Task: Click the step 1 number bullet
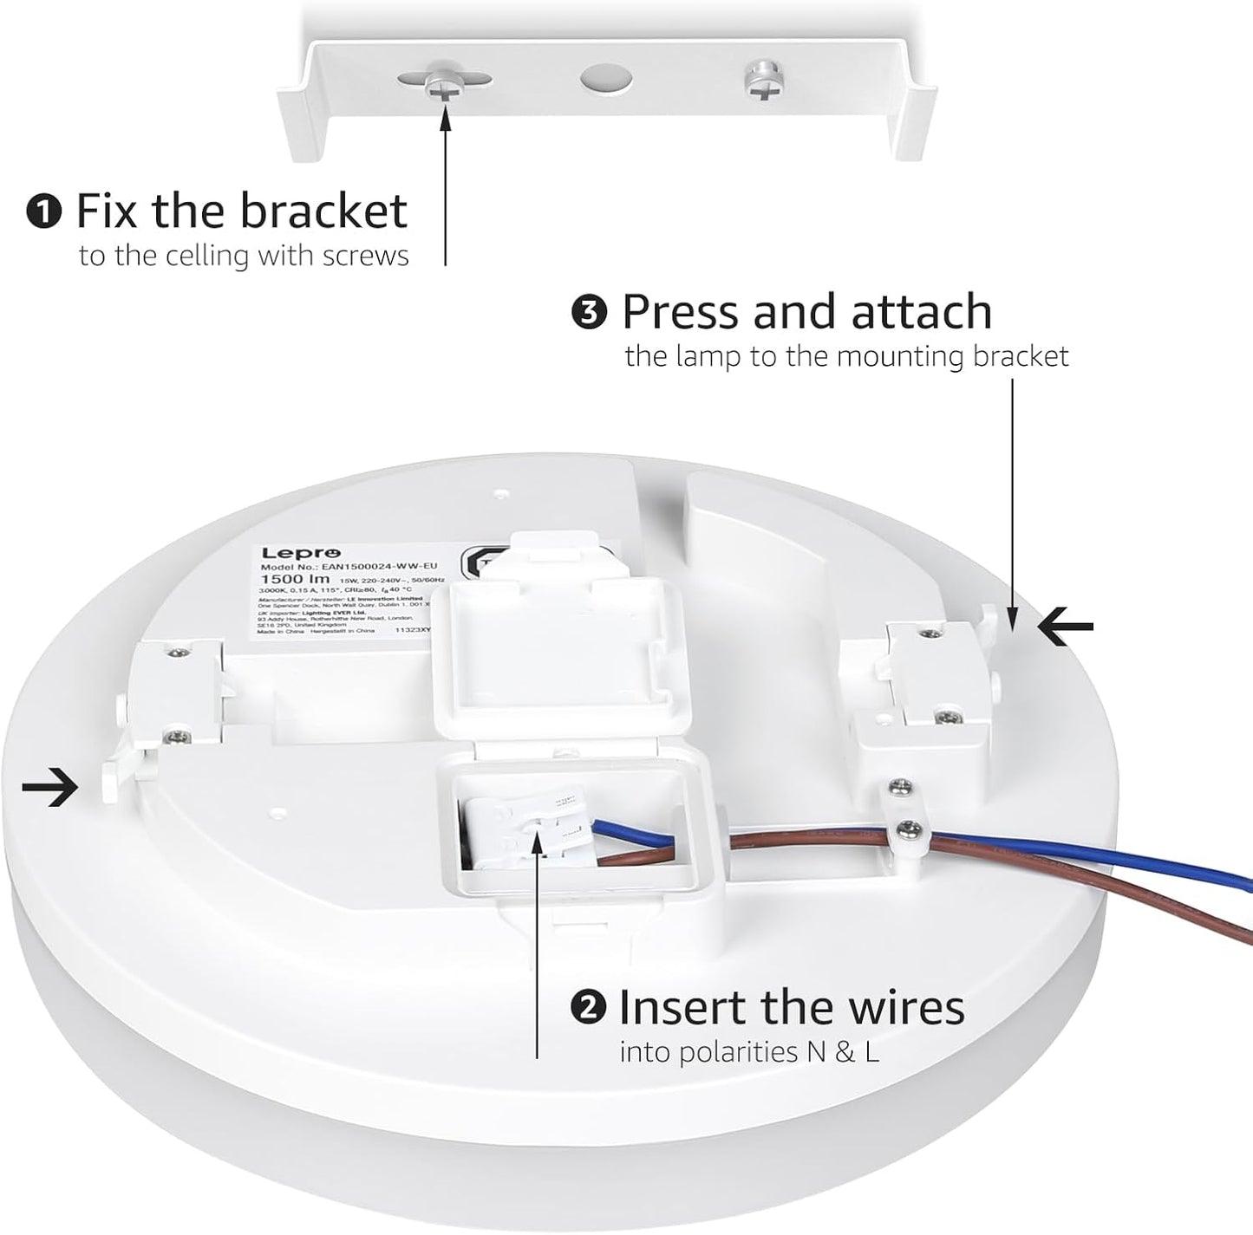pos(43,212)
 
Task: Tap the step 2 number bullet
pos(587,1007)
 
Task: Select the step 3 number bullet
pos(590,313)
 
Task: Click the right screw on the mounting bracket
pos(760,81)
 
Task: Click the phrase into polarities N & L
pos(749,1052)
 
